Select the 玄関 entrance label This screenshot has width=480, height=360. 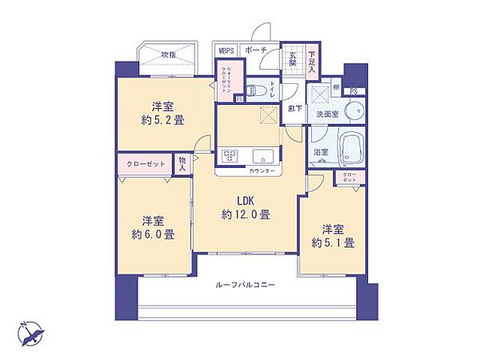292,59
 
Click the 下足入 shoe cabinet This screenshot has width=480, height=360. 312,59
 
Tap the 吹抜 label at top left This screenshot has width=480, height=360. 167,54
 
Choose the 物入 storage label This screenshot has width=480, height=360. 182,164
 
